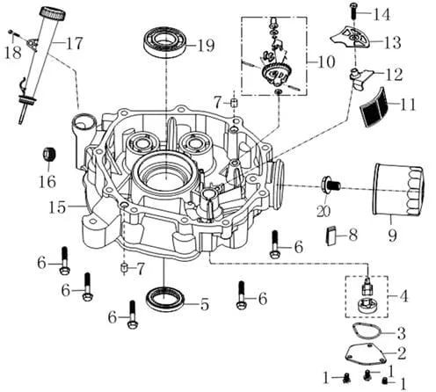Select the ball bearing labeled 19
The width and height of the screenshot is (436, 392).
[165, 41]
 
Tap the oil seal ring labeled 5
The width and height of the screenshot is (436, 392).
[165, 299]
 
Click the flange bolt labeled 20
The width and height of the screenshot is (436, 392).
[331, 185]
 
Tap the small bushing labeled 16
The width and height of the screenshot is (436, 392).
[49, 154]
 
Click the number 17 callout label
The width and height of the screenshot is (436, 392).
[74, 43]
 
